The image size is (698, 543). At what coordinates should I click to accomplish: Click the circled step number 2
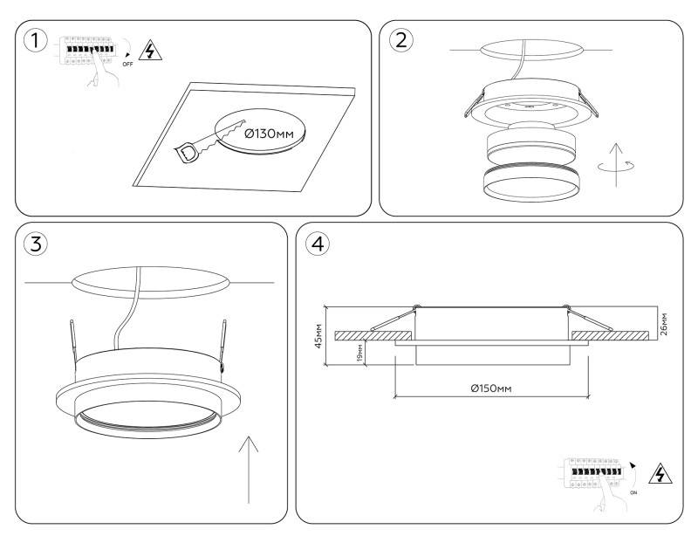pos(401,41)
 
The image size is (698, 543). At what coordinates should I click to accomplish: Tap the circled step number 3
pos(34,244)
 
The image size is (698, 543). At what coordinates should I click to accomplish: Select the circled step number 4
pos(318,244)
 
